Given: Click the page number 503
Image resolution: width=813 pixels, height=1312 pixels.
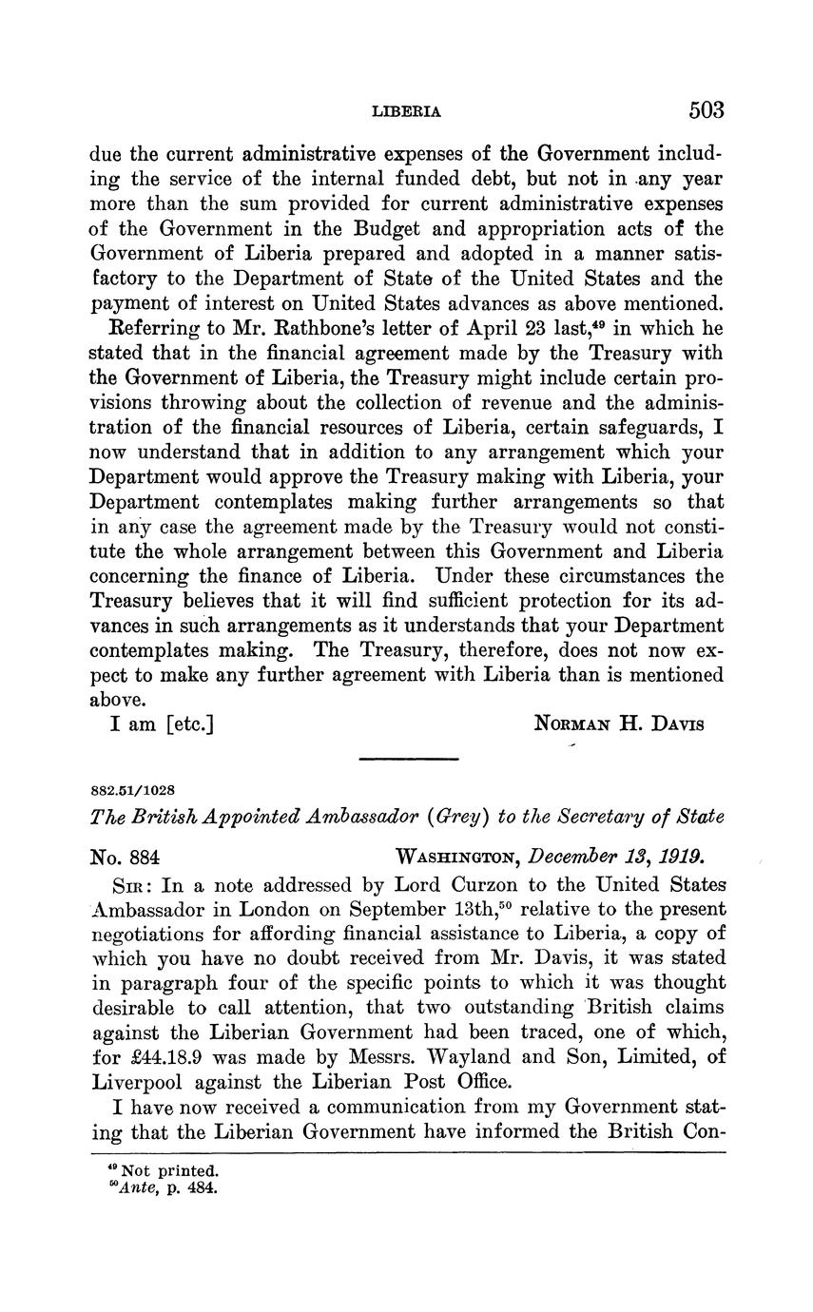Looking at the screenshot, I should pyautogui.click(x=706, y=110).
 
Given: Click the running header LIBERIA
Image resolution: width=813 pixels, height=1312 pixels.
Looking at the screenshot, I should pyautogui.click(x=406, y=112).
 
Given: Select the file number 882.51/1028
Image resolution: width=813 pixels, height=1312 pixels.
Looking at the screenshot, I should pyautogui.click(x=133, y=790).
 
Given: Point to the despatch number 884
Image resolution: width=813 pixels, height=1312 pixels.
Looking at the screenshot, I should pyautogui.click(x=144, y=857).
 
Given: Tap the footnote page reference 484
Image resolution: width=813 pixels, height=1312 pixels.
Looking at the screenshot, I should pyautogui.click(x=203, y=1188).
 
